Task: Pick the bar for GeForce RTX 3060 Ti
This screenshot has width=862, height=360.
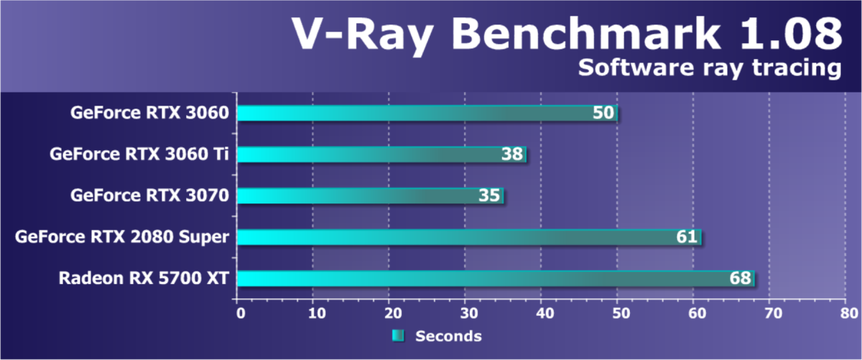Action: (x=381, y=154)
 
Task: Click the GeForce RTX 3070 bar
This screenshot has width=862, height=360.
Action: (x=369, y=195)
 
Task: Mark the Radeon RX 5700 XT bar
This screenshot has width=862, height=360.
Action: (x=495, y=278)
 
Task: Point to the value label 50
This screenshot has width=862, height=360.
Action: (x=603, y=113)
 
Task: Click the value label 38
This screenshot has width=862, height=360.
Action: (x=513, y=154)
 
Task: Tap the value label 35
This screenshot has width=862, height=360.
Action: (x=490, y=195)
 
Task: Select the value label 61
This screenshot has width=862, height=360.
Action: (x=687, y=237)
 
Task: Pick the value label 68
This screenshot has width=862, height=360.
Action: (x=741, y=278)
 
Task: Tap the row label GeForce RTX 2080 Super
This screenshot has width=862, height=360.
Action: (x=122, y=236)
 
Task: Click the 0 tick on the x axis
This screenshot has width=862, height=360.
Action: (x=240, y=313)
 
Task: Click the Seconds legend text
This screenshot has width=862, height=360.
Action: (x=449, y=336)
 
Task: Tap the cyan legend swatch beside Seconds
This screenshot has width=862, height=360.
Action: (x=398, y=336)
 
